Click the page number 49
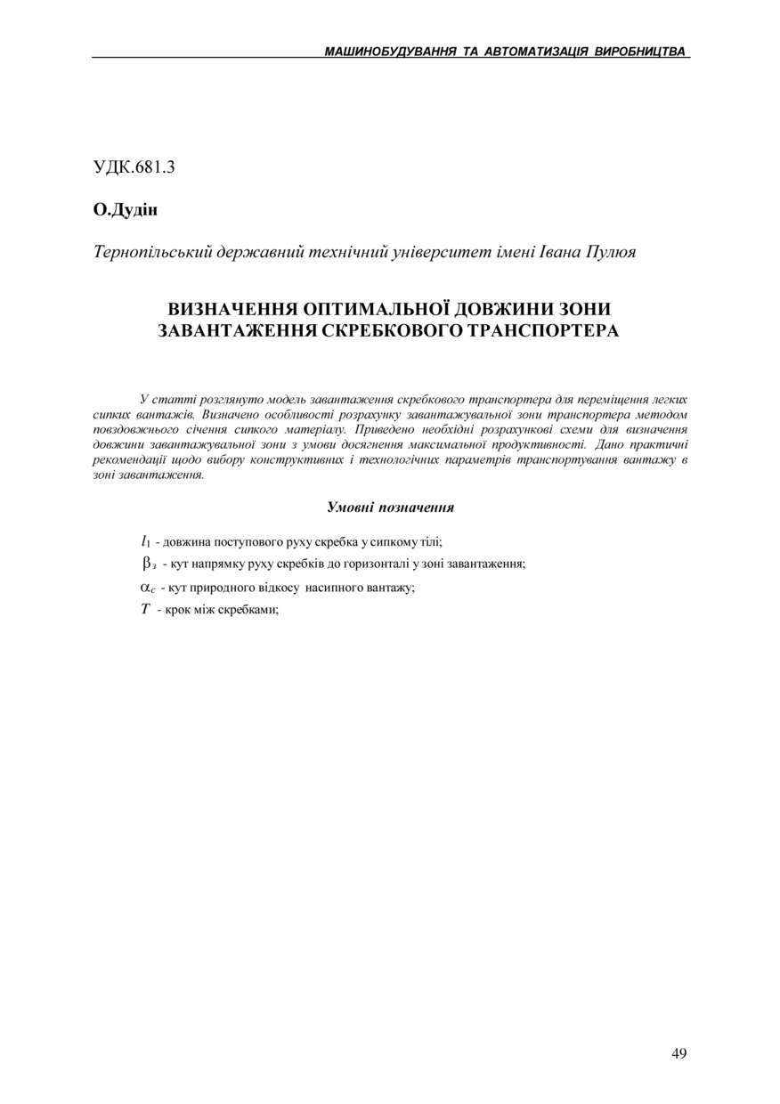tap(678, 1053)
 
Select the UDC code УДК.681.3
tap(134, 166)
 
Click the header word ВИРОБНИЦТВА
tap(640, 52)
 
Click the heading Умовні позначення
tap(390, 507)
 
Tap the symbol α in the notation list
tap(147, 587)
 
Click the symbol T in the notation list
tap(145, 610)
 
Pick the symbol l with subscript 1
tap(145, 540)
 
